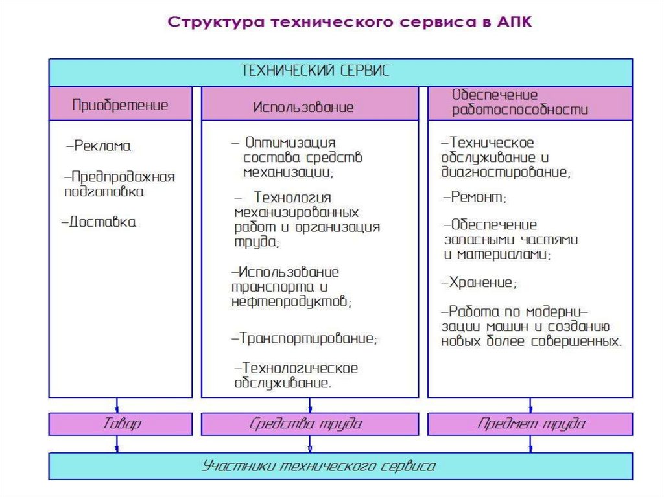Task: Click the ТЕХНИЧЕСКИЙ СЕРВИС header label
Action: coord(316,71)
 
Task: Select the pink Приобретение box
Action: coord(121,104)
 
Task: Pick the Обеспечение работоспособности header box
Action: coord(530,102)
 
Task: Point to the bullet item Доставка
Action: coord(99,222)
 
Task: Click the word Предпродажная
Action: coord(123,176)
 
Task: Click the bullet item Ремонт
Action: coord(475,196)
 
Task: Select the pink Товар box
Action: coord(121,424)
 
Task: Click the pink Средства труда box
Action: coord(309,424)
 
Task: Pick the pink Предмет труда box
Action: coord(530,424)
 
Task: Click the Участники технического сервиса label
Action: coord(318,466)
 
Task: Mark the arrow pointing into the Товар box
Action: coord(117,406)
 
